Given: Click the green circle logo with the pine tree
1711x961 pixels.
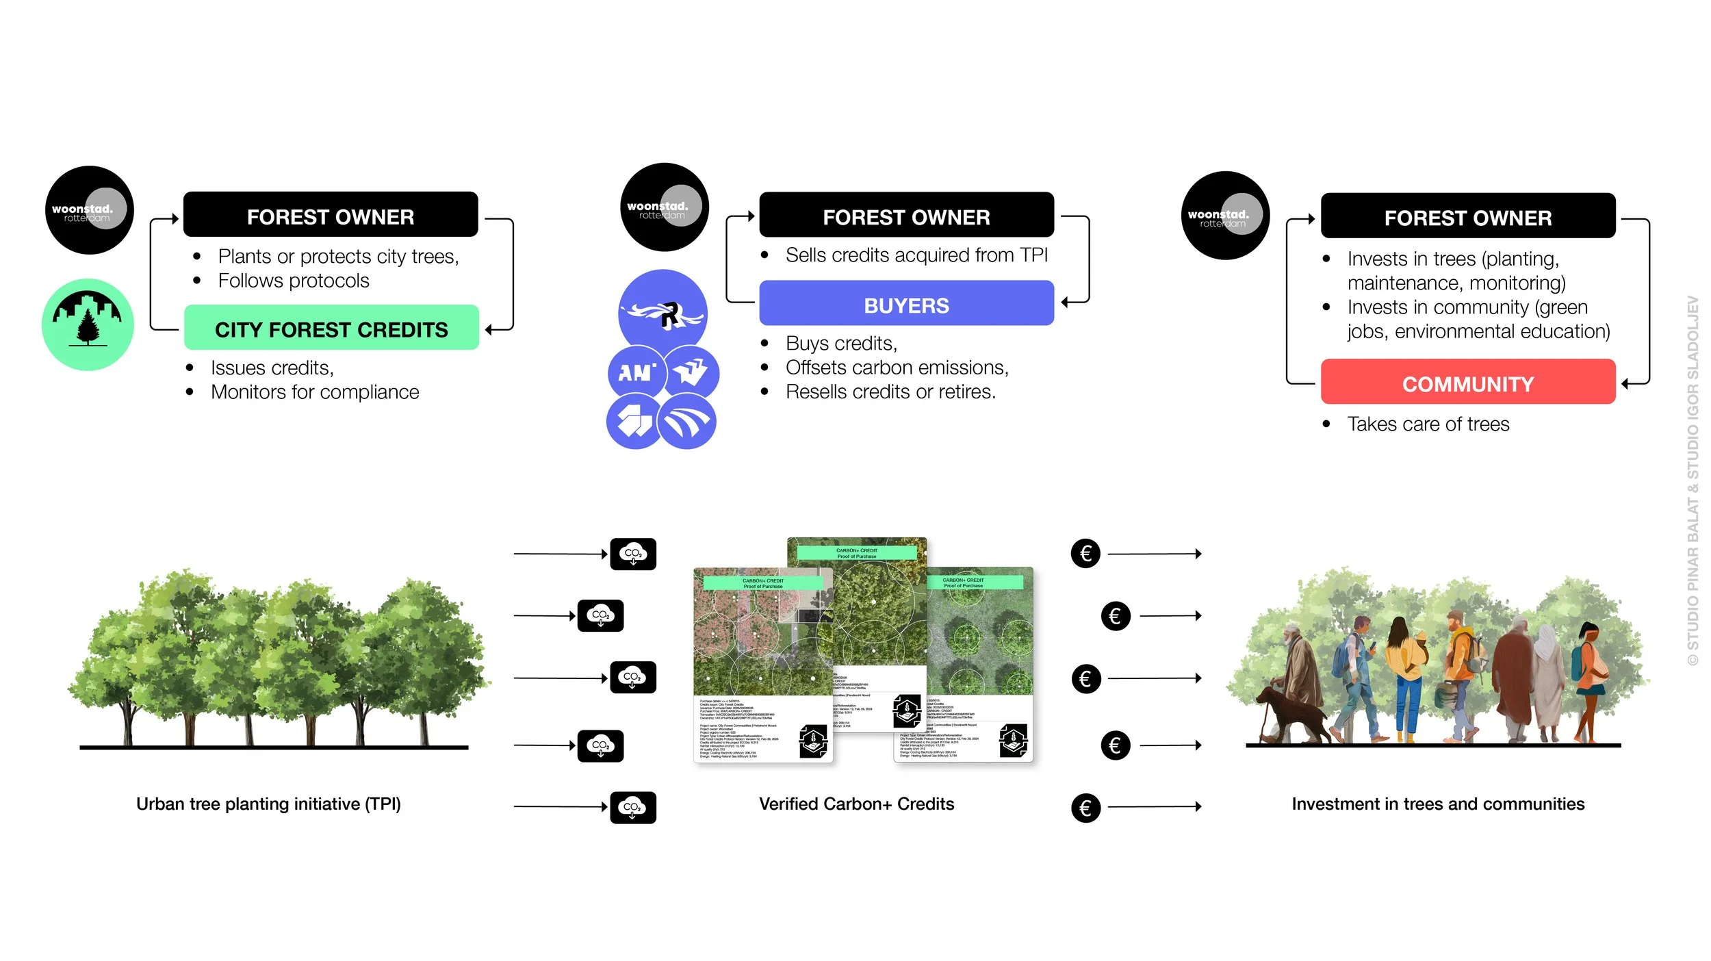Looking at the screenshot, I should click(x=88, y=324).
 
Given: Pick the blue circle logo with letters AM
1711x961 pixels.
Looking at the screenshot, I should click(x=636, y=372).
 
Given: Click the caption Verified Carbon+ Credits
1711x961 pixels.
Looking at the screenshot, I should click(x=856, y=804).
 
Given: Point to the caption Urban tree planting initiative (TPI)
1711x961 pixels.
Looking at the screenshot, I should click(x=268, y=804).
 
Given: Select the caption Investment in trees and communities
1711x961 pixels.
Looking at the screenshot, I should click(x=1438, y=804).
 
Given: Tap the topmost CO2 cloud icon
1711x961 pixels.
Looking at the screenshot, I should click(x=632, y=554).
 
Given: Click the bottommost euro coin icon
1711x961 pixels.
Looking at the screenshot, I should click(x=1085, y=808).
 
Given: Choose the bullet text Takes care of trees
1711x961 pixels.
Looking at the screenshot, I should click(x=1428, y=424).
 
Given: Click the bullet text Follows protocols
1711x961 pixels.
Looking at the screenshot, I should click(x=294, y=281).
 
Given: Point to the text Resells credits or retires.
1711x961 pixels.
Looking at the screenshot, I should click(x=890, y=392).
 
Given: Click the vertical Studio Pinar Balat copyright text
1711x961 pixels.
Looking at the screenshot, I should click(x=1693, y=479).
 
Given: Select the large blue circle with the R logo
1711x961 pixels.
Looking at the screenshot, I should click(x=662, y=312).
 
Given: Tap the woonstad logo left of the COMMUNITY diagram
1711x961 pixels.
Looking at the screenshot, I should click(x=1225, y=216).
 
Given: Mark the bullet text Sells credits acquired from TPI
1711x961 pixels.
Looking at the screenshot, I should click(x=916, y=255).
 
